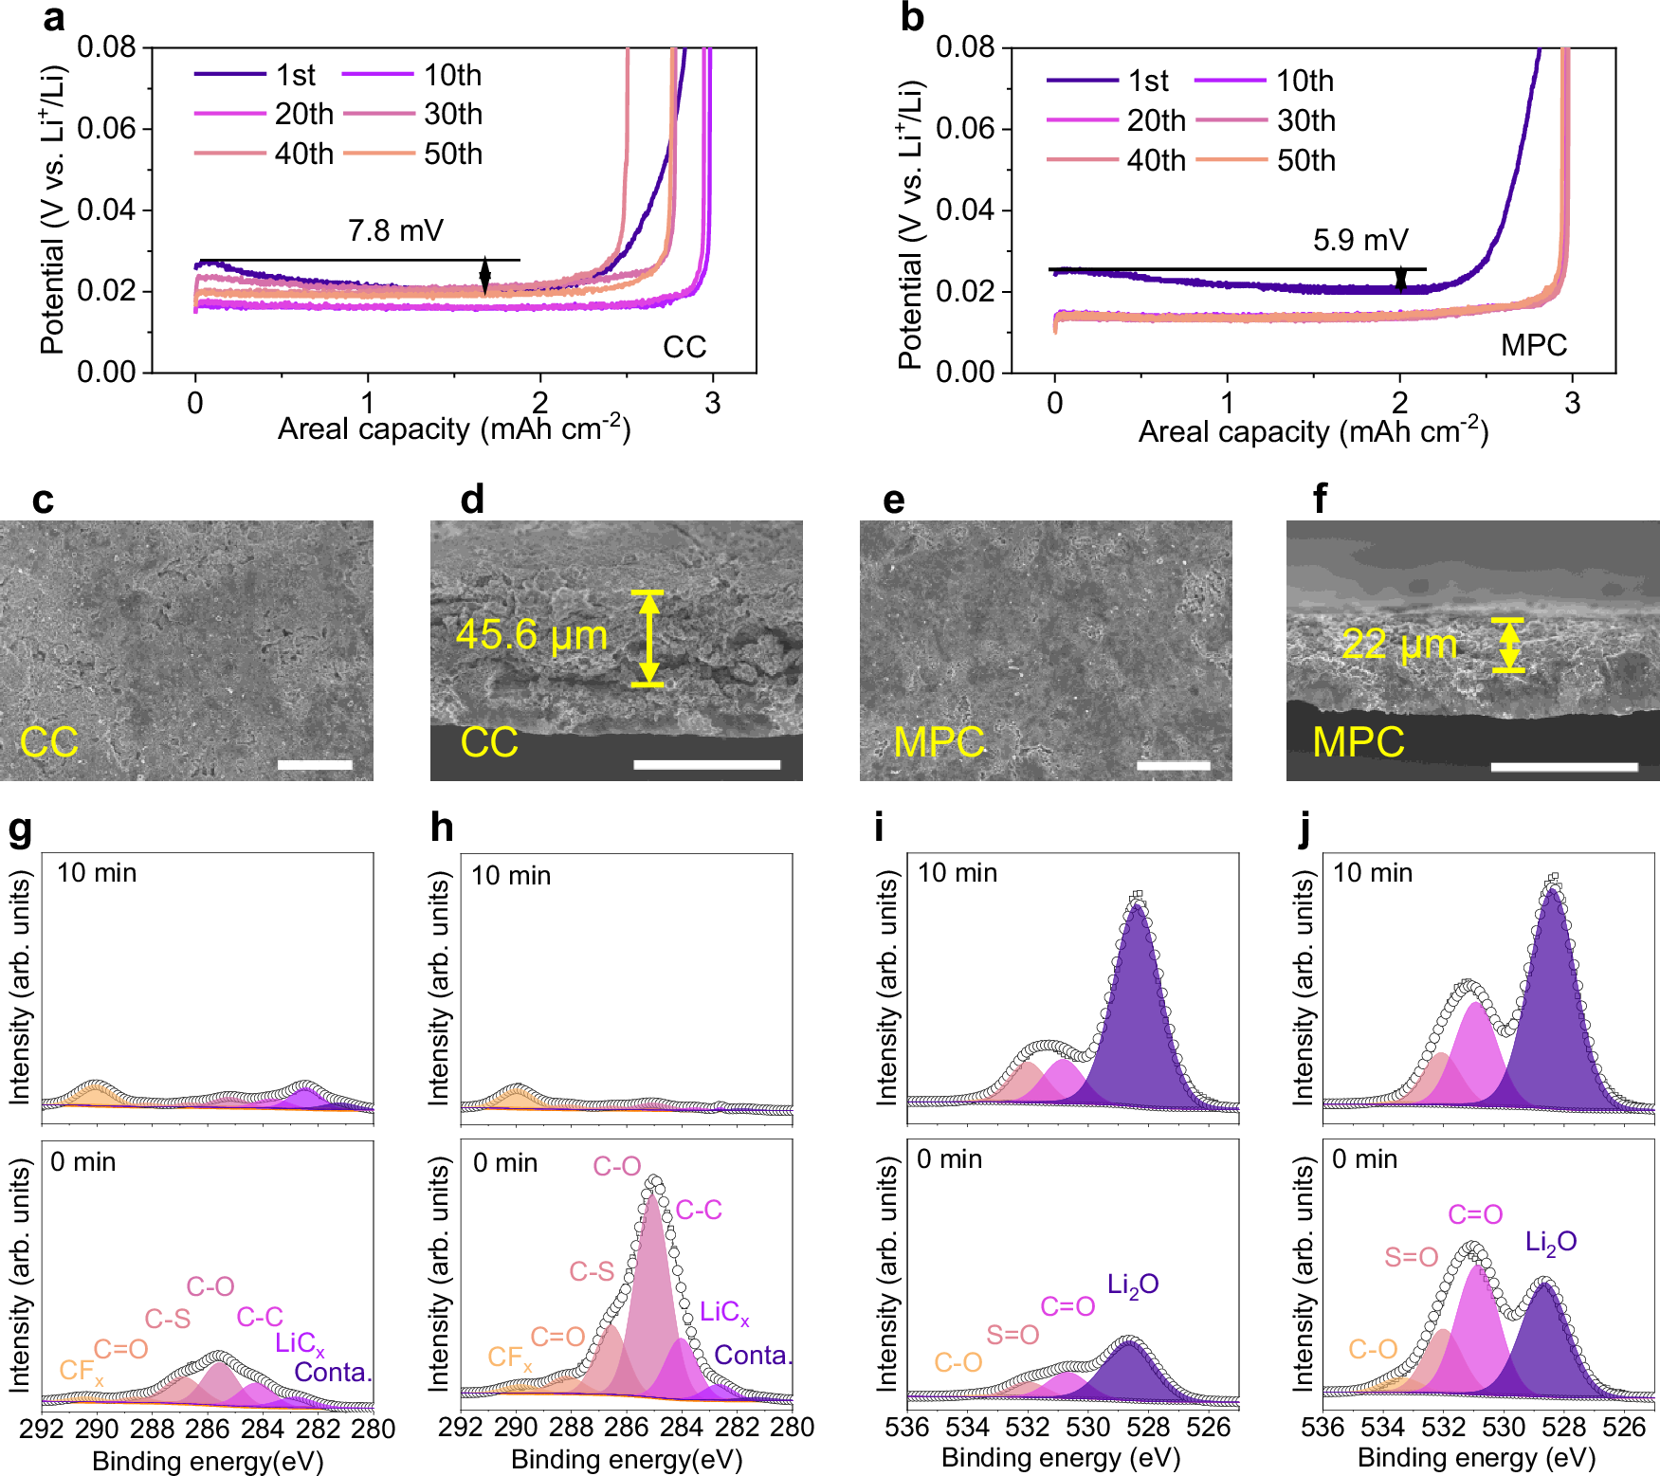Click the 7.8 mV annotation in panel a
(395, 230)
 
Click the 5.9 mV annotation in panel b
(1359, 240)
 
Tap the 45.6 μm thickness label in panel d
(532, 634)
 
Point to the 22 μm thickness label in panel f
(1399, 645)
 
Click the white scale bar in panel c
(315, 764)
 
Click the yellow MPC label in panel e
(939, 741)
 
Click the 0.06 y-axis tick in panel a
(107, 128)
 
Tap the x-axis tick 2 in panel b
(1400, 403)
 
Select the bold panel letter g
(20, 829)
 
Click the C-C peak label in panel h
(699, 1210)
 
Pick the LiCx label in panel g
(300, 1343)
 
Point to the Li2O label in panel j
(1551, 1242)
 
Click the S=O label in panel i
(1012, 1335)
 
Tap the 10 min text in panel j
(1372, 873)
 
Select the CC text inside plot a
(684, 347)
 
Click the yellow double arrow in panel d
(648, 638)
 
